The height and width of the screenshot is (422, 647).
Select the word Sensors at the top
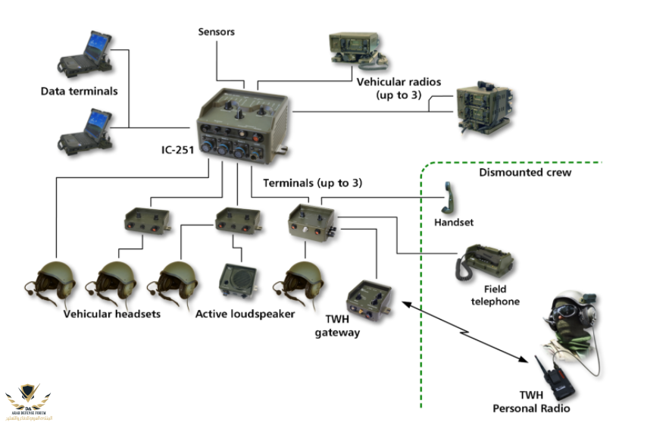(x=217, y=32)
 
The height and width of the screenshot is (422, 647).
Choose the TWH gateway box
(x=369, y=300)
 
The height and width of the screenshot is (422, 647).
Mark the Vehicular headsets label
(x=112, y=314)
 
